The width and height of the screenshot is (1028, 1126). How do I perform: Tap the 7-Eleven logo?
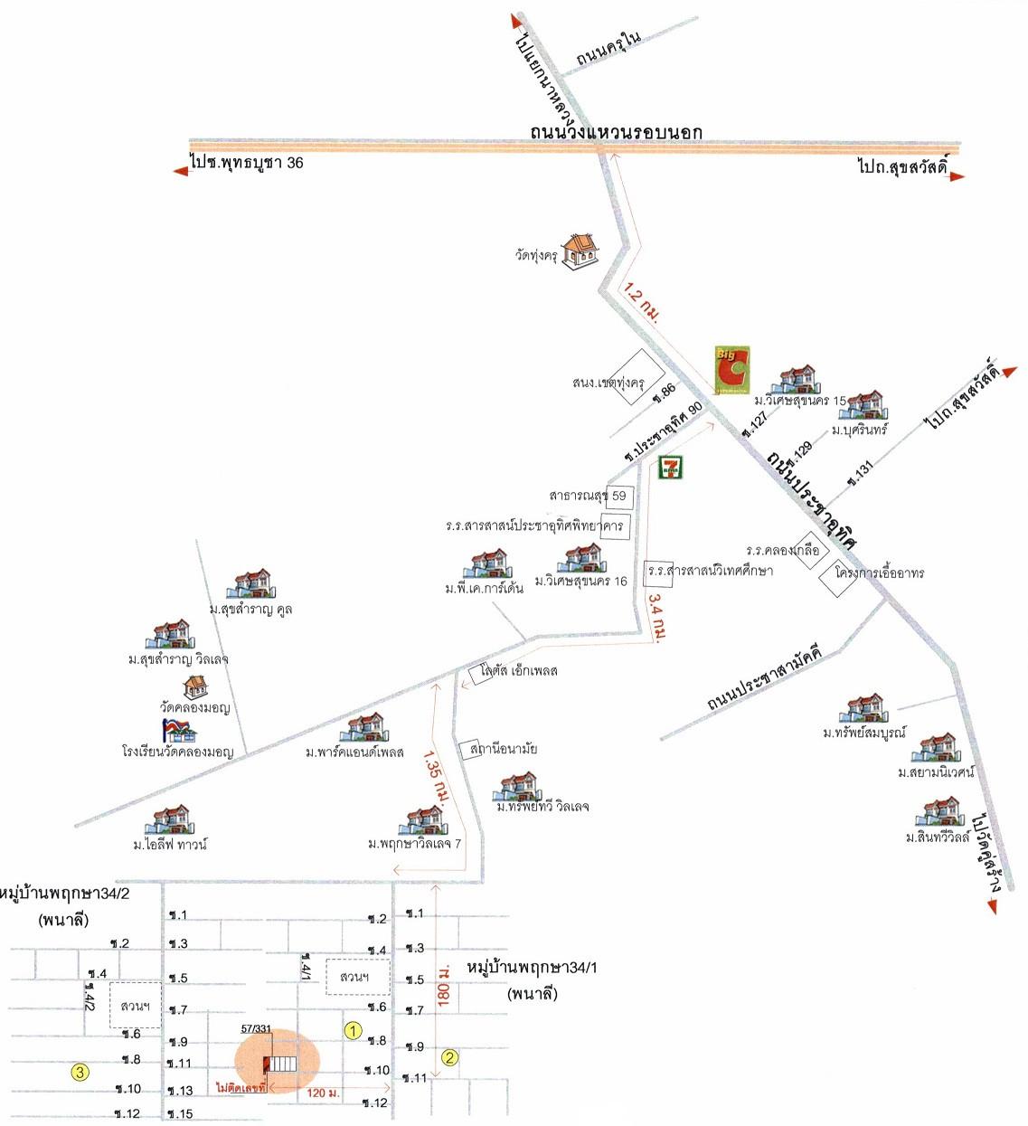pos(670,468)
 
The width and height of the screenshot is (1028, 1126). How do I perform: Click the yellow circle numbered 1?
pos(354,1030)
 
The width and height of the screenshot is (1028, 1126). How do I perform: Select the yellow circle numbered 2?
pos(449,1057)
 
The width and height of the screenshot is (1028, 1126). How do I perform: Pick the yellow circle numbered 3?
pos(80,1073)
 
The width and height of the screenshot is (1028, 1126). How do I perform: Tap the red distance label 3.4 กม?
pos(658,618)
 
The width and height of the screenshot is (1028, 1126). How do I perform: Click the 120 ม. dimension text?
pos(323,1093)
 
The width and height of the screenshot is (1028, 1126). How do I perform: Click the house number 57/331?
pos(256,1029)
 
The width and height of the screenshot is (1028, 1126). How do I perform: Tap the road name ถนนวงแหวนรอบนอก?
pos(616,132)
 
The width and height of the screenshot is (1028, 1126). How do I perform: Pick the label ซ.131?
pos(860,473)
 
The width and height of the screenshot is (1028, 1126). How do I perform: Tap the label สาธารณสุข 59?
pos(588,496)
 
